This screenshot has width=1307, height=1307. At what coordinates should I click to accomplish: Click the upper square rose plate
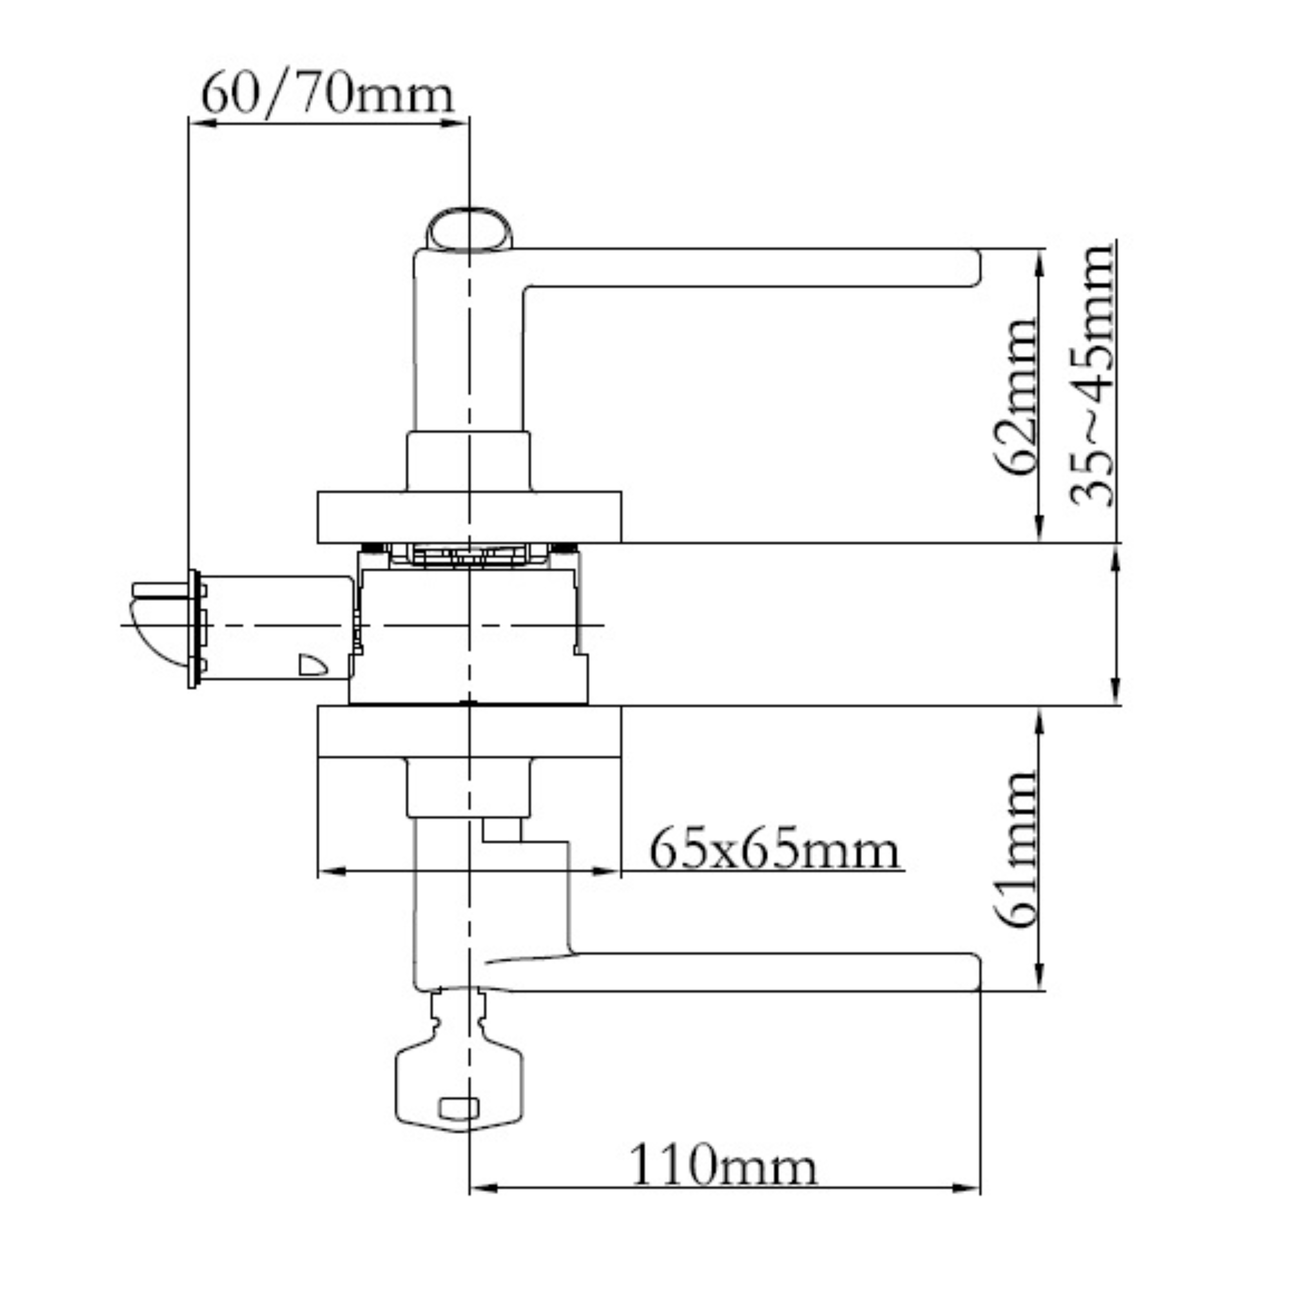click(x=469, y=517)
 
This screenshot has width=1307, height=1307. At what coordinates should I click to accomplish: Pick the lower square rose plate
click(x=469, y=732)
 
